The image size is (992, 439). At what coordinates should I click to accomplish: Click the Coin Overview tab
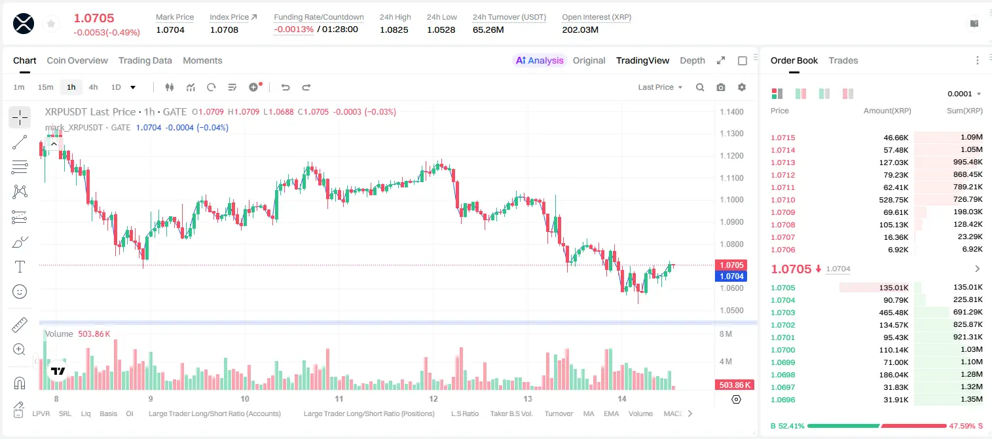tap(77, 60)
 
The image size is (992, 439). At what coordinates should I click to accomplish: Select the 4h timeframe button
tap(93, 87)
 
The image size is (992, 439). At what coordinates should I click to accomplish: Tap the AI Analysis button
tap(540, 60)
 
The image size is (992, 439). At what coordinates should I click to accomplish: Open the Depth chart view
tap(692, 60)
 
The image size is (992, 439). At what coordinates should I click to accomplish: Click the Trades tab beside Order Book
tap(843, 60)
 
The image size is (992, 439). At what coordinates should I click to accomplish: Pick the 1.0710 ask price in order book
tap(783, 200)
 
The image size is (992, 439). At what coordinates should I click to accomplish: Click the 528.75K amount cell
tap(894, 200)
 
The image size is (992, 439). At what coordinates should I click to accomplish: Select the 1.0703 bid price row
tap(783, 313)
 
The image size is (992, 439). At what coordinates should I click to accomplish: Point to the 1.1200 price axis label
tap(731, 155)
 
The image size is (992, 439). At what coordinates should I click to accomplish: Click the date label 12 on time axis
tap(433, 398)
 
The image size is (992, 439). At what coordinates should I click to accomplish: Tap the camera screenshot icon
tap(721, 87)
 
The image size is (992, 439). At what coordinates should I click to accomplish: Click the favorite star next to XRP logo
tap(51, 24)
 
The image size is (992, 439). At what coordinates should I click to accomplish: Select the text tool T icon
tap(20, 267)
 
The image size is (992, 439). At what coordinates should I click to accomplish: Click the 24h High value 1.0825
tap(394, 29)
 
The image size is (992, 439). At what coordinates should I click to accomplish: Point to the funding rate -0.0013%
tap(293, 29)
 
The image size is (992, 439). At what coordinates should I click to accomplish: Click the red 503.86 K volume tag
tap(735, 385)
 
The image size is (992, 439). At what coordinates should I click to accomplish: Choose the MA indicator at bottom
tap(589, 413)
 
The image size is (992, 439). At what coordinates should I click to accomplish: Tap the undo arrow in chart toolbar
tap(285, 87)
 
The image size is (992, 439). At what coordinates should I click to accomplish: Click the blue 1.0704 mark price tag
tap(731, 277)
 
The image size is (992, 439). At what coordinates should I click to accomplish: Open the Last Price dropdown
tap(660, 87)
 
